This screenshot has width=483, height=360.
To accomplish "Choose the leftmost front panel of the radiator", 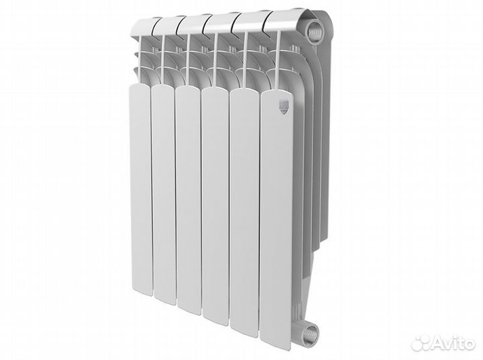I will tap(141, 188).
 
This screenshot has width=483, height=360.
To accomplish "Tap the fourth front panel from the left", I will tap(215, 198).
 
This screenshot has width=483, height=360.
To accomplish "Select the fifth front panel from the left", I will tap(244, 201).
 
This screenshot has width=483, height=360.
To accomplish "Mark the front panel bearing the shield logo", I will tap(276, 208).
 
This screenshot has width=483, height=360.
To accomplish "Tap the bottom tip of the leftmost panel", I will tap(141, 290).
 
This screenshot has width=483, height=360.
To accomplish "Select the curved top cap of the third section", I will tap(191, 23).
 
